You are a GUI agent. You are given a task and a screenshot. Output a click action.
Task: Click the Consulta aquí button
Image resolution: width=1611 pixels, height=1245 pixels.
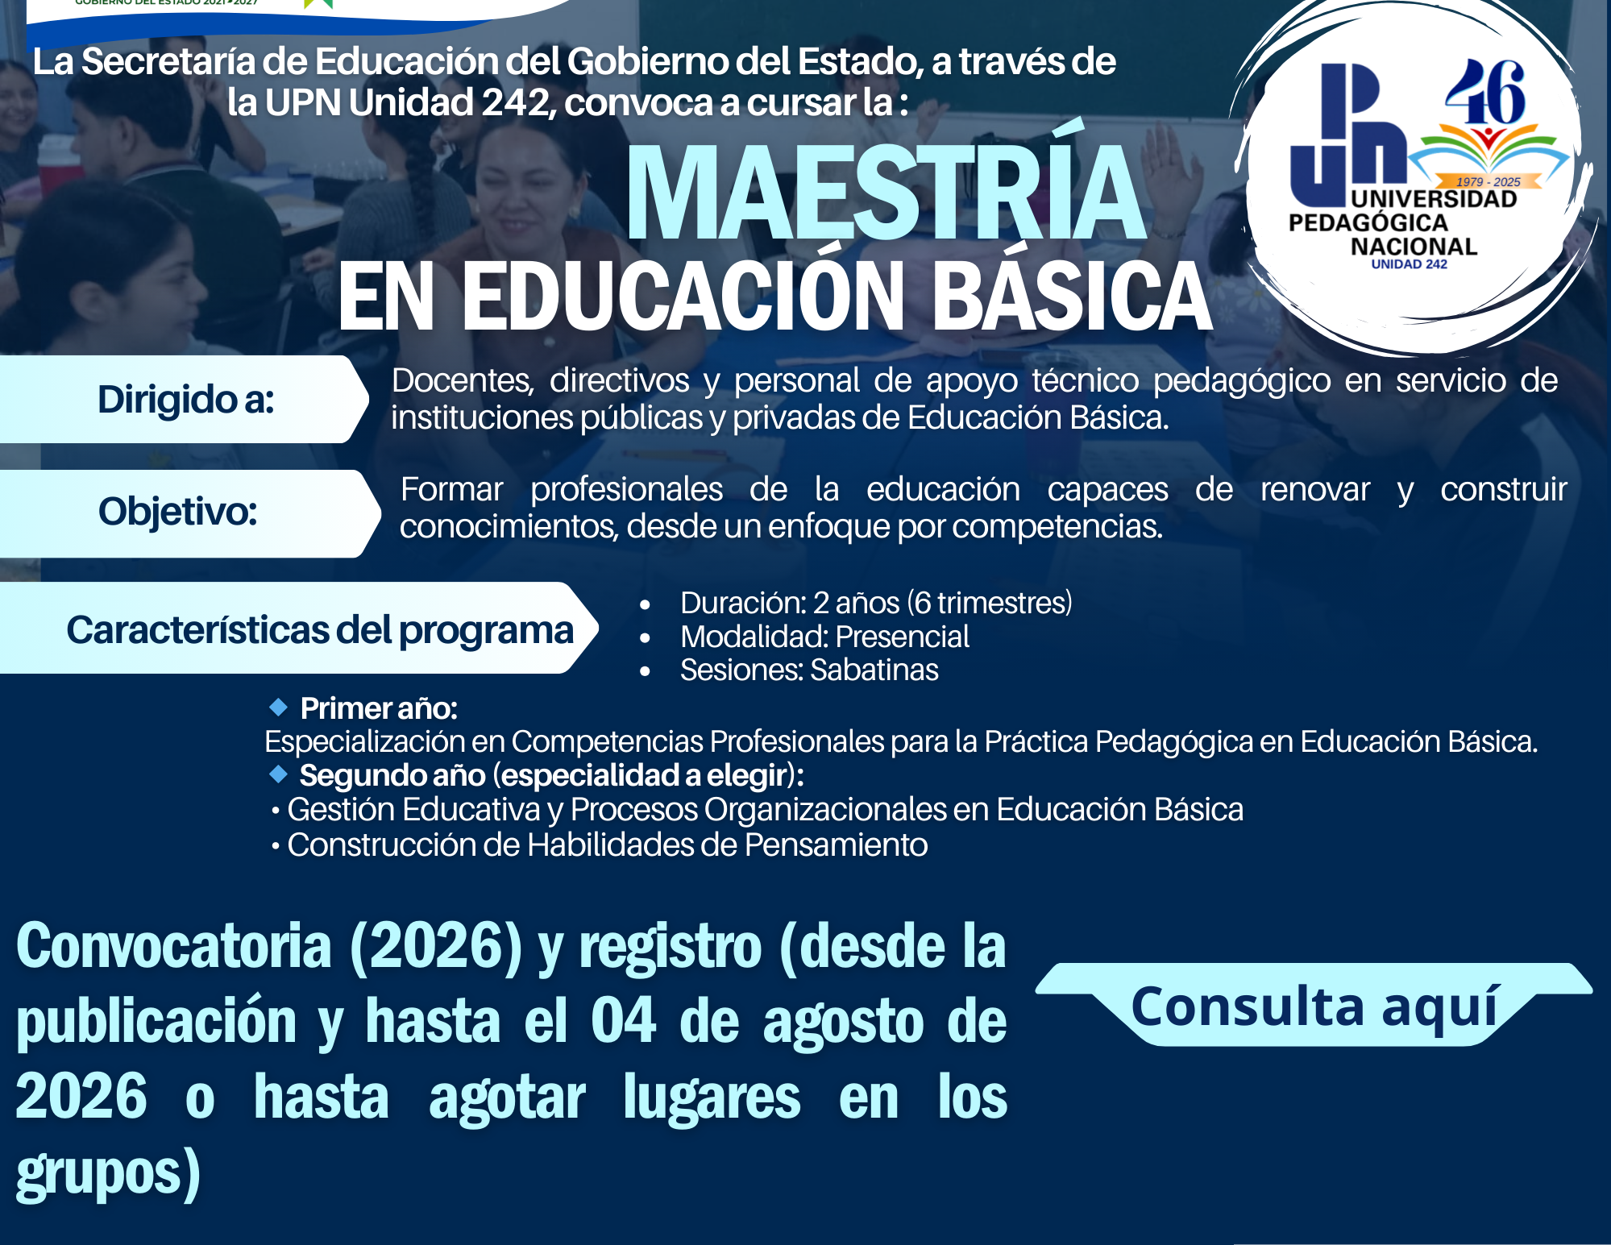point(1314,1005)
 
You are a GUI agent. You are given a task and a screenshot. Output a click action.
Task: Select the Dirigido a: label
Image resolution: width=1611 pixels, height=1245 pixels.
point(185,399)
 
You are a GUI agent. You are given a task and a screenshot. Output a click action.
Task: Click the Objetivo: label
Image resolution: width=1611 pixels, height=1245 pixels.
point(177,511)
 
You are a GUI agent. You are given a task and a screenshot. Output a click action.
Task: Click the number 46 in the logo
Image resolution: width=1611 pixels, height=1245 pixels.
point(1485,92)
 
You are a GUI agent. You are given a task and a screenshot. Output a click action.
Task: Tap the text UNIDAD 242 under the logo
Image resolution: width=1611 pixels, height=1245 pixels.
point(1409,264)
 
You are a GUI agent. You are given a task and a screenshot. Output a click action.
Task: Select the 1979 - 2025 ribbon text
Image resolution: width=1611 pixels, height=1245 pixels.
point(1488,182)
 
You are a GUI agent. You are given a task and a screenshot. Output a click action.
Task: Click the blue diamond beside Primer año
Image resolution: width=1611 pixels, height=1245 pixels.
point(278,708)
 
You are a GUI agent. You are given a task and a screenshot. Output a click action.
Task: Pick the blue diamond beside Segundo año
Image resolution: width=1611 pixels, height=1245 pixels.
point(278,774)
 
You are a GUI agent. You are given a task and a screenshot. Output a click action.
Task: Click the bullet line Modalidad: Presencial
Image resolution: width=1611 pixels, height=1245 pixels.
point(824,637)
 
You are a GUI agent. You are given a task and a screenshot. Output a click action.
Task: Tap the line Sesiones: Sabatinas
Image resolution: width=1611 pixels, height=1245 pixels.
point(809,670)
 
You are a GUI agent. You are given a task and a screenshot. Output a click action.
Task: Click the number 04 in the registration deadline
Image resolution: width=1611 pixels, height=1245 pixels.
point(623,1021)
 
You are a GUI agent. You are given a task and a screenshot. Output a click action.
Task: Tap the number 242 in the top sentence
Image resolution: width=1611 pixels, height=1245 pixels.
point(515,102)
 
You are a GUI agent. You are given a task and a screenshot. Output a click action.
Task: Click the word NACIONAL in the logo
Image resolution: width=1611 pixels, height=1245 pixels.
point(1414,247)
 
